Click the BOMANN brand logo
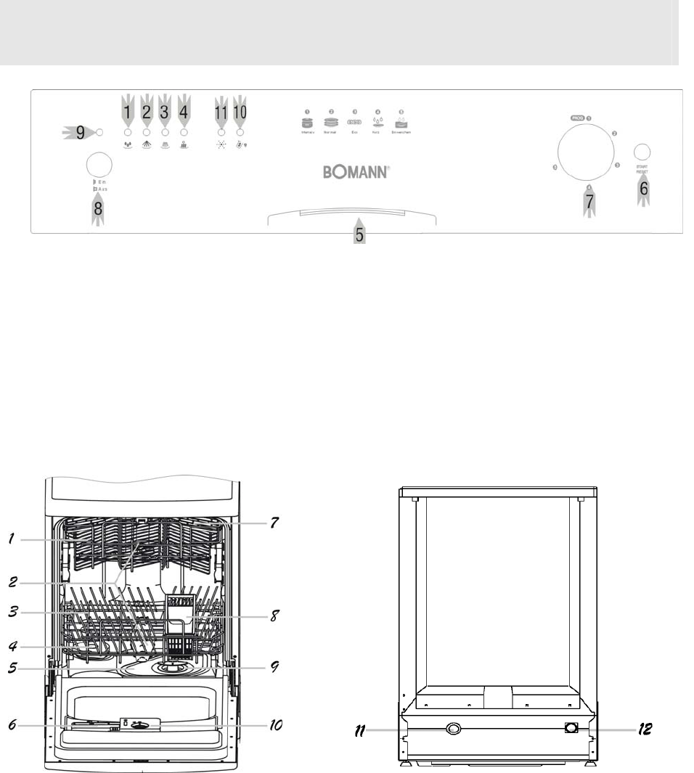tap(356, 173)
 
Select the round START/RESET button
tap(641, 152)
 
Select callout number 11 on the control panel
tap(221, 113)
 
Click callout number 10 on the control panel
tap(240, 113)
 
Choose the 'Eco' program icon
tap(355, 123)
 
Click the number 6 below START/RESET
tap(644, 189)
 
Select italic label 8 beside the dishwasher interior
tap(274, 616)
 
